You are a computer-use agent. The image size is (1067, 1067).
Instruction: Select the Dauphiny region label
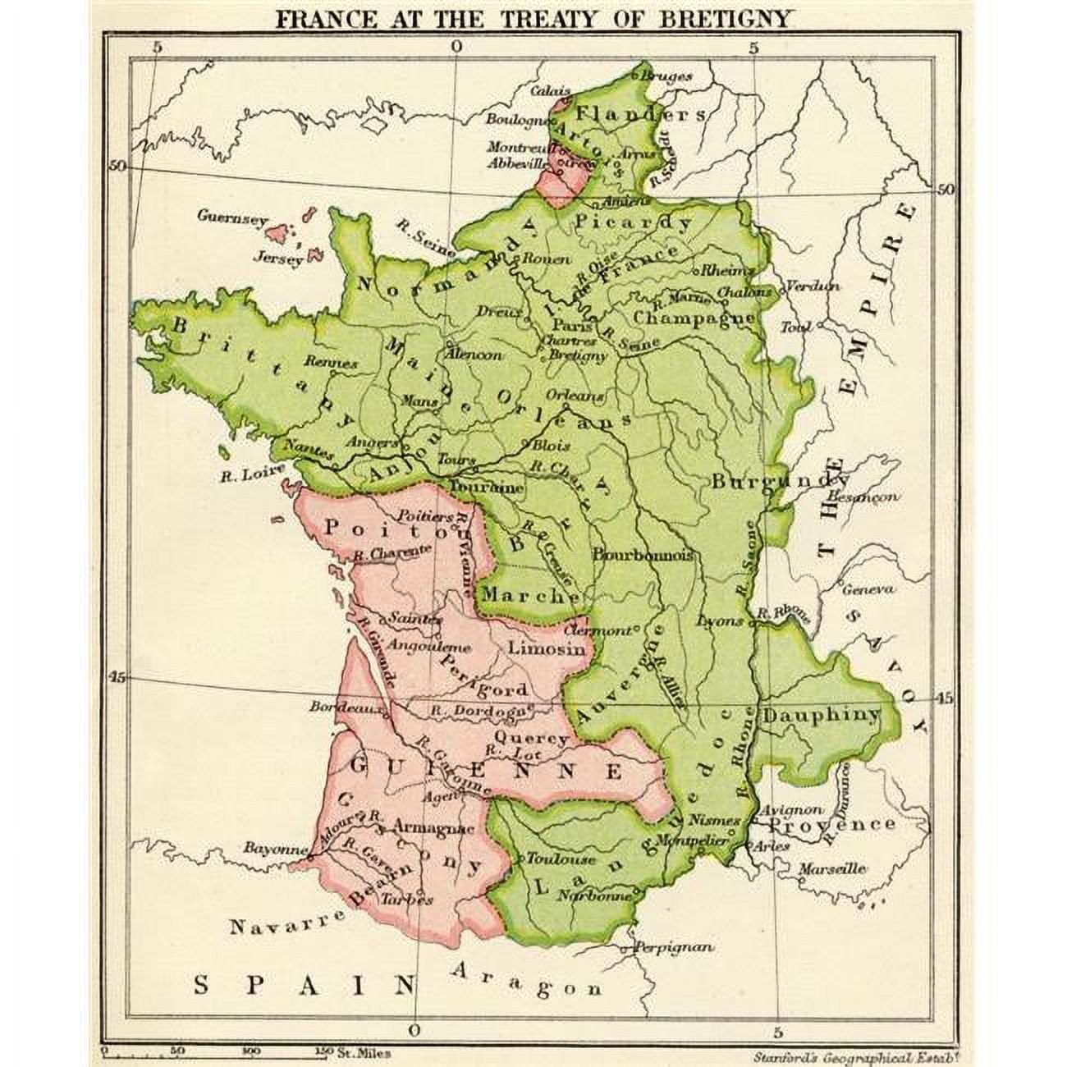(x=821, y=715)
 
